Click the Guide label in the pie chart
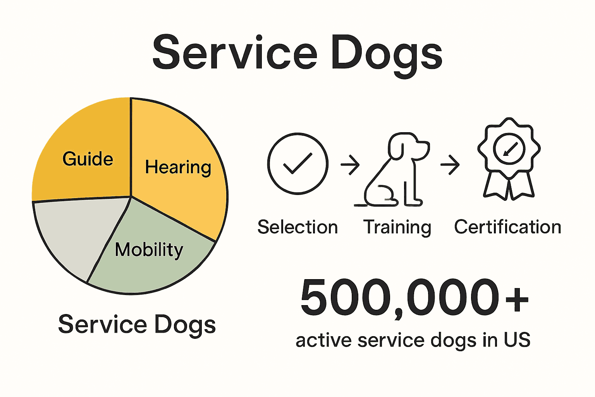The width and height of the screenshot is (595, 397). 88,159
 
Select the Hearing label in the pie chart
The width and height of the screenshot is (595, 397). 178,167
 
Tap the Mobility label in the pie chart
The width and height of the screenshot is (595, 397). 149,250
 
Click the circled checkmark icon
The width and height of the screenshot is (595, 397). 297,164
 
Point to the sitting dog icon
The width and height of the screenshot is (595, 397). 395,171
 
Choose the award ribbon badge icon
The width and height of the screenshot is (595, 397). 509,159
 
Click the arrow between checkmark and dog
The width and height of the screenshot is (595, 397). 350,164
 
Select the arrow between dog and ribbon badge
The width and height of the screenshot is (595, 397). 450,164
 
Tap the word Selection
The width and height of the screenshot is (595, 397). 297,227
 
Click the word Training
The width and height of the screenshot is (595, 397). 397,228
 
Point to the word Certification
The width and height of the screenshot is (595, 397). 507,227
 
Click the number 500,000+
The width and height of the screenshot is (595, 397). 414,298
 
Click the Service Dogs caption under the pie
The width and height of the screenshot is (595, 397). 137,325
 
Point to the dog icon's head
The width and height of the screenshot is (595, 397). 407,147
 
